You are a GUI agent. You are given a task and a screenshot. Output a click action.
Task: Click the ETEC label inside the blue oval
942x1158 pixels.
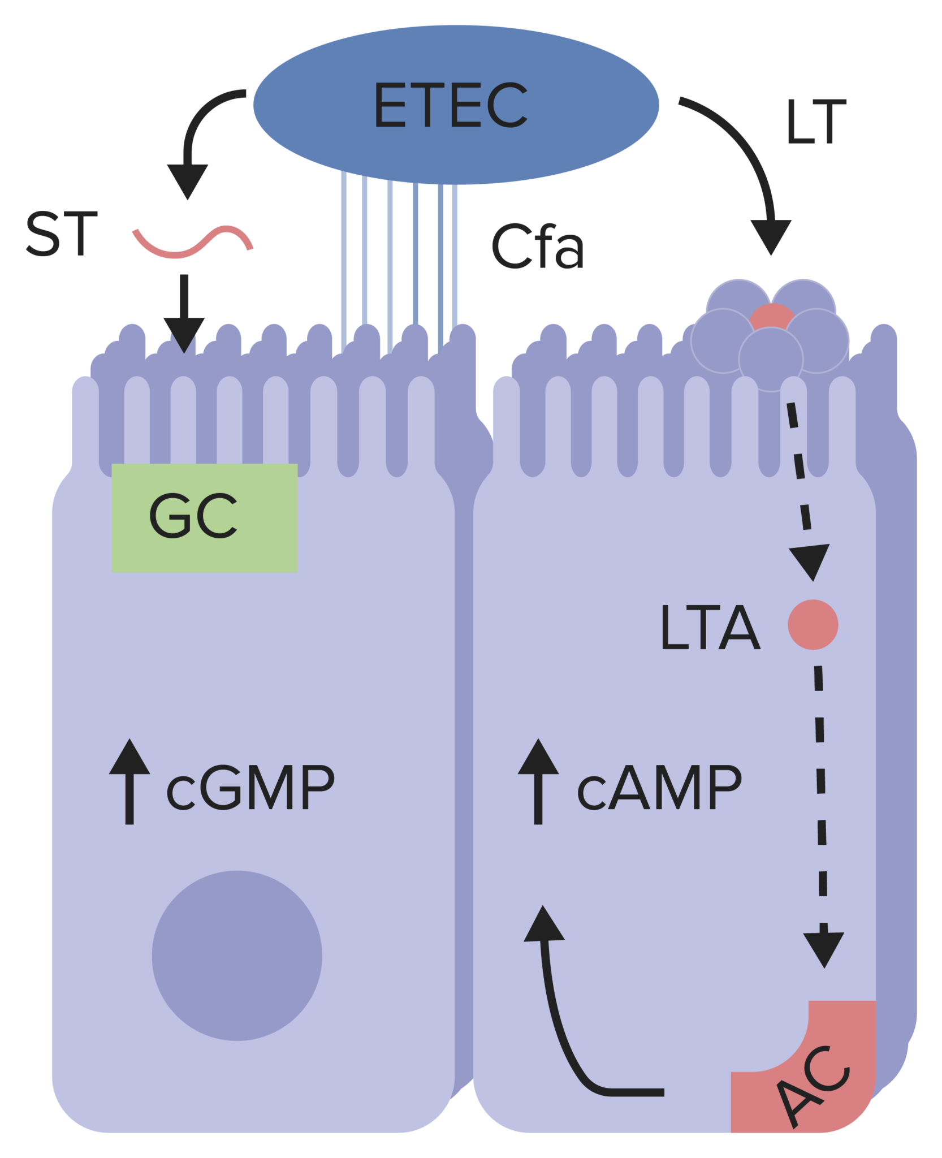click(x=450, y=105)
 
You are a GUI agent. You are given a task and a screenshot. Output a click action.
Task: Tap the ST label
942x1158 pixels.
click(x=62, y=234)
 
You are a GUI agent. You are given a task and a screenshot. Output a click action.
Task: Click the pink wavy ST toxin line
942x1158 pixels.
click(x=192, y=243)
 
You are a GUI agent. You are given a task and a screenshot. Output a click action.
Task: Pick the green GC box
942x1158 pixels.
click(x=204, y=518)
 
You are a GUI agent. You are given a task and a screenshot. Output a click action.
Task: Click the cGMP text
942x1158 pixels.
click(x=250, y=788)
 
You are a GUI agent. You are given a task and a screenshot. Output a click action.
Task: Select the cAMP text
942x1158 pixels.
click(x=659, y=788)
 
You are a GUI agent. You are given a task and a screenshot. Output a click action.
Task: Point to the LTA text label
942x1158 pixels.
click(x=710, y=628)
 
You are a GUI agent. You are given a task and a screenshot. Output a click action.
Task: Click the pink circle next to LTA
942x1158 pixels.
click(x=813, y=625)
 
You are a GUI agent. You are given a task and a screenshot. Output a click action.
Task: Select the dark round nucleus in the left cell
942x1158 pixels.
click(x=237, y=956)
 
